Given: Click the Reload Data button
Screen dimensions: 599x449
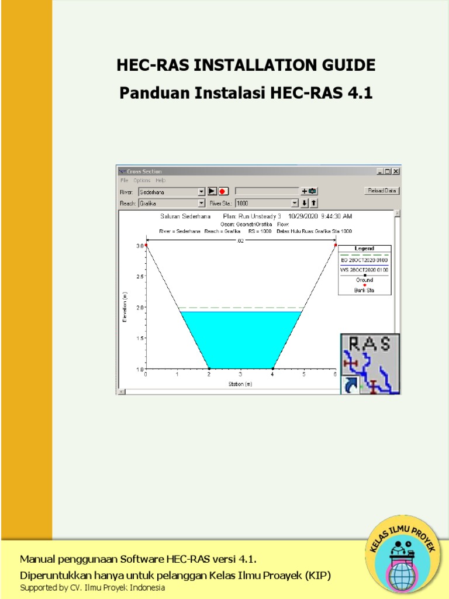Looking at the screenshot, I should tap(381, 191).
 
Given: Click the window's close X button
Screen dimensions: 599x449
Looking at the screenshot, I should tap(396, 171).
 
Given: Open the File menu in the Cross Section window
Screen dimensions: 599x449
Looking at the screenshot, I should tap(125, 181).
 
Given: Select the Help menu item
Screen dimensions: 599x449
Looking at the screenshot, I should tap(161, 181).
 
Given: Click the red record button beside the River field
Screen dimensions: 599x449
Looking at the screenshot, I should tap(223, 191).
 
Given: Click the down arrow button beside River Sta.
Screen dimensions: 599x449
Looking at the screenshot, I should tap(304, 203).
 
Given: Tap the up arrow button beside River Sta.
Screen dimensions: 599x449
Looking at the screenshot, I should tap(313, 203).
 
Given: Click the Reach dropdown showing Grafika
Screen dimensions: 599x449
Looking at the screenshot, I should tap(171, 203).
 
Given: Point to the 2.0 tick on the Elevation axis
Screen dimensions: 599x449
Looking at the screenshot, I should tap(139, 307).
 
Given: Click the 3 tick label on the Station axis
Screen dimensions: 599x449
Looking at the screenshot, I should tap(240, 374).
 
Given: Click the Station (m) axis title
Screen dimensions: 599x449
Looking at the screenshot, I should tap(240, 384).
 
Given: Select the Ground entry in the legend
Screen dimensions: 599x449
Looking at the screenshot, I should tap(365, 280).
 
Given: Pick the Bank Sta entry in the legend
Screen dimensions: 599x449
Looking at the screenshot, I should tap(365, 290).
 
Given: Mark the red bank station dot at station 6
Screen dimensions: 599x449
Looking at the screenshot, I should tap(336, 246).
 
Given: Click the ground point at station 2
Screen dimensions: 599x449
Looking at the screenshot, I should tap(209, 368).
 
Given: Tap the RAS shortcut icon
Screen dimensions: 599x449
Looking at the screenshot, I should tap(370, 364).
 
